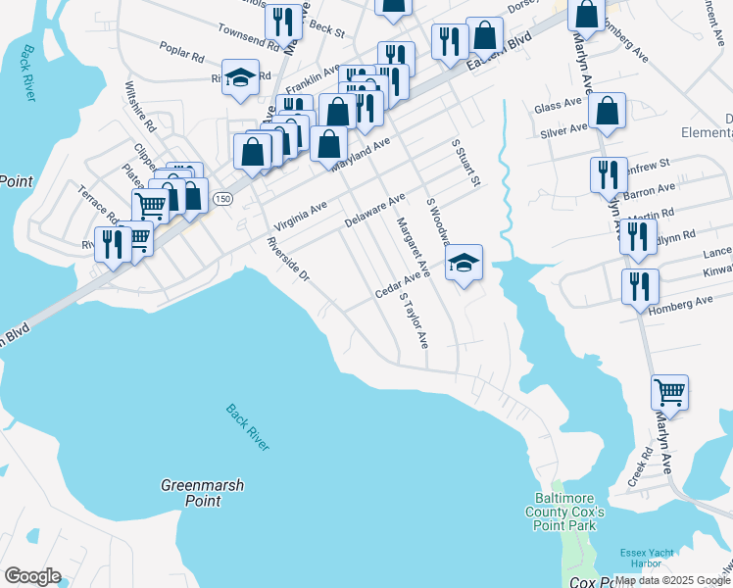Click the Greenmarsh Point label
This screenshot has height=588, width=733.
[202, 493]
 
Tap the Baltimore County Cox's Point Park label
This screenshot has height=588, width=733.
[571, 513]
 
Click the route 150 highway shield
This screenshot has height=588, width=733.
[223, 199]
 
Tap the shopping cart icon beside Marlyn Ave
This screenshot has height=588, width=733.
[669, 392]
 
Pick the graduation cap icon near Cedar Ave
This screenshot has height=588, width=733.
[464, 264]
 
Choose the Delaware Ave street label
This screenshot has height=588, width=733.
[374, 211]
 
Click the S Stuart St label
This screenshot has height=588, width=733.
[464, 162]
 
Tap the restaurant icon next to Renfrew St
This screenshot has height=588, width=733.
[609, 175]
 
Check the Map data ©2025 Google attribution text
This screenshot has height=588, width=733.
[672, 580]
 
